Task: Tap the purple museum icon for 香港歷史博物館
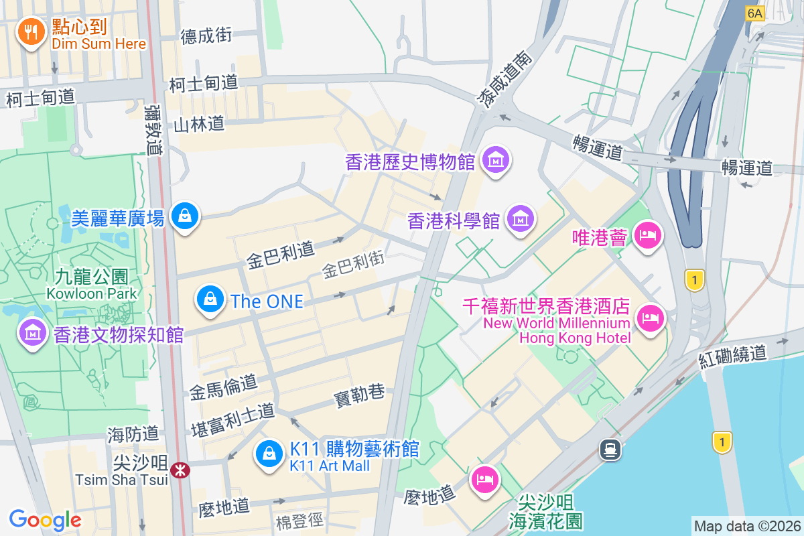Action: pyautogui.click(x=496, y=160)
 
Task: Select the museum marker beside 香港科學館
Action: pyautogui.click(x=520, y=218)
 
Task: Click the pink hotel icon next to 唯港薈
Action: pyautogui.click(x=648, y=235)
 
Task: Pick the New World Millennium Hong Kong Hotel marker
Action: pyautogui.click(x=649, y=317)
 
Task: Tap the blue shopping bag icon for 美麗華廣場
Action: pyautogui.click(x=184, y=216)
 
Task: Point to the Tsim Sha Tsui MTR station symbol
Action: pyautogui.click(x=180, y=470)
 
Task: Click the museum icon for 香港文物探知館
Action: pyautogui.click(x=31, y=332)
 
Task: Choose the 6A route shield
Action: pyautogui.click(x=754, y=13)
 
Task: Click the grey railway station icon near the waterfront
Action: pyautogui.click(x=611, y=449)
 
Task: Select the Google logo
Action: pyautogui.click(x=45, y=519)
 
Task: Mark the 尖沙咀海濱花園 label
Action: pyautogui.click(x=545, y=511)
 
